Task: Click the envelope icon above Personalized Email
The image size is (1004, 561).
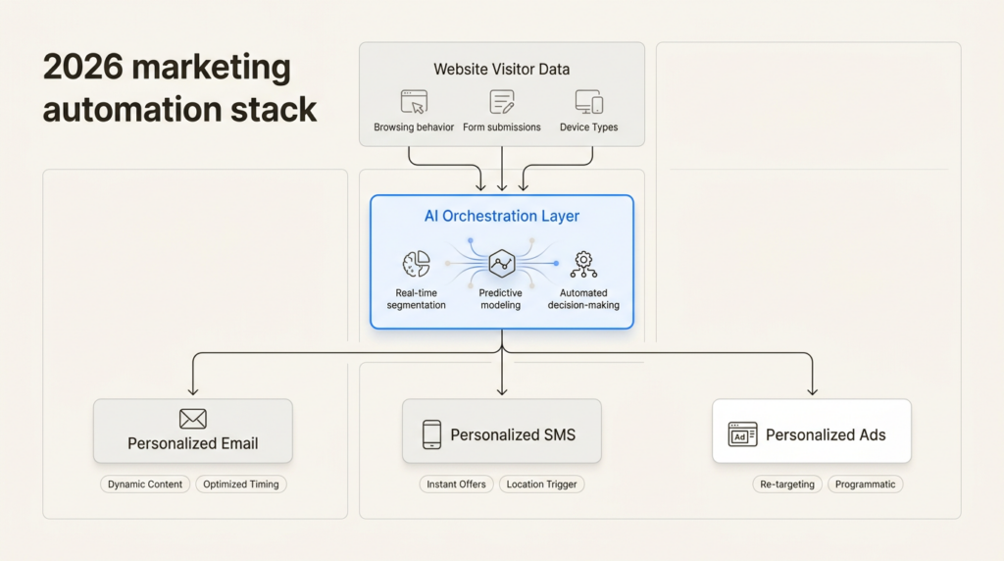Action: click(x=193, y=419)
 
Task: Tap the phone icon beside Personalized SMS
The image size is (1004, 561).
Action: click(x=431, y=434)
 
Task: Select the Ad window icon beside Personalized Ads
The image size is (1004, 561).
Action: click(x=742, y=434)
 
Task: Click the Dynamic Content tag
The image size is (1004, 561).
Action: click(x=145, y=484)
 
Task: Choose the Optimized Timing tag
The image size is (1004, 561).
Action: click(x=240, y=484)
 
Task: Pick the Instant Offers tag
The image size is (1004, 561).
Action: click(x=457, y=484)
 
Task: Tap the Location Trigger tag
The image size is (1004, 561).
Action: click(x=542, y=484)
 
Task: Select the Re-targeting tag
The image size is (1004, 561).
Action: click(x=787, y=484)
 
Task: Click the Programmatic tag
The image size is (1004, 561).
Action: click(x=865, y=484)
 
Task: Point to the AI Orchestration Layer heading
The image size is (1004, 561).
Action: click(x=501, y=217)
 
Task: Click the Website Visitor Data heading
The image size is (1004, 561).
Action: click(x=501, y=70)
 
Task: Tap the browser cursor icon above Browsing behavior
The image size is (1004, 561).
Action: click(x=414, y=102)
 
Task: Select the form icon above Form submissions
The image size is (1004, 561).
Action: click(x=502, y=102)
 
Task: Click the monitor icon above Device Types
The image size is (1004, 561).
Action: click(x=588, y=102)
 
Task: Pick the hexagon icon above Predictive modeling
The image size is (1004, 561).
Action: click(x=502, y=264)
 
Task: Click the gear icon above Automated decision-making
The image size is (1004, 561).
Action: click(x=583, y=263)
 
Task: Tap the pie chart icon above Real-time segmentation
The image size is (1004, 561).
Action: click(x=416, y=264)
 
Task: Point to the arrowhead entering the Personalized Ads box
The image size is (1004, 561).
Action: click(x=812, y=392)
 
